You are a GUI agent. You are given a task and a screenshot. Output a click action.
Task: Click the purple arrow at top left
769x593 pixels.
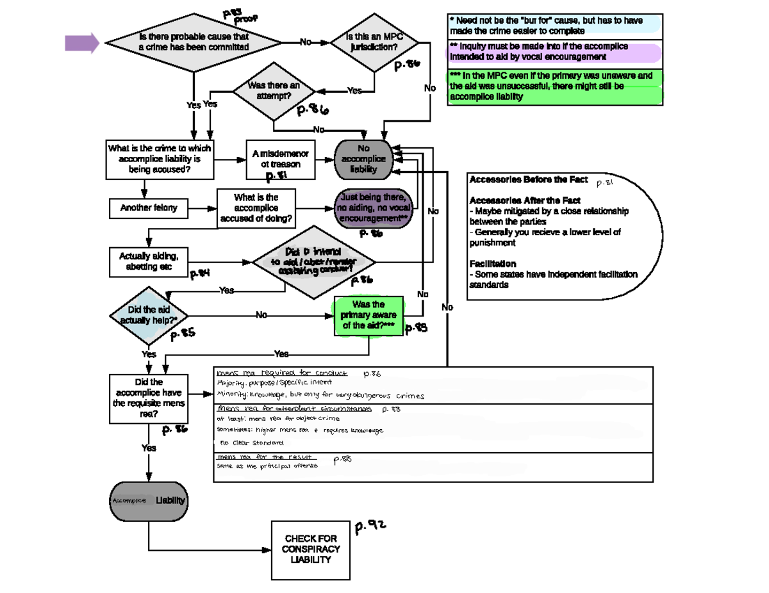click(x=82, y=43)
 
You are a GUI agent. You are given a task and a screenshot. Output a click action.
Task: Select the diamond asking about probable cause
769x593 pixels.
click(x=193, y=43)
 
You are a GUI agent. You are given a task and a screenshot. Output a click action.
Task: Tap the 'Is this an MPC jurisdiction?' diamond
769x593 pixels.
click(x=374, y=43)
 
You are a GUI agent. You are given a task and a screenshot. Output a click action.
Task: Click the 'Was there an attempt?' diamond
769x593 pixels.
click(x=274, y=91)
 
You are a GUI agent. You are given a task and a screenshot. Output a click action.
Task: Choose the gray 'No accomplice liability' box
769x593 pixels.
click(x=363, y=159)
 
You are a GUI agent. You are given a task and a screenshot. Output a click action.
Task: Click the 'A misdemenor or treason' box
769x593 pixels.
click(x=280, y=159)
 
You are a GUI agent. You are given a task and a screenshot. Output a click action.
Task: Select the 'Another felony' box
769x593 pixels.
click(x=149, y=208)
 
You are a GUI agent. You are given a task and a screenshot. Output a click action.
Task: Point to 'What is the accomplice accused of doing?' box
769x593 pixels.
click(x=256, y=208)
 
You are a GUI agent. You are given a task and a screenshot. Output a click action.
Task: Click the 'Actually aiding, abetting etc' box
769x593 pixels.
click(x=149, y=261)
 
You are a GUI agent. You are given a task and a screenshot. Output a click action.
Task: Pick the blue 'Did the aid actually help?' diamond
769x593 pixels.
click(x=149, y=315)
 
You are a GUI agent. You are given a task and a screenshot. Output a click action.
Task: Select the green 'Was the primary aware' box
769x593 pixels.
click(x=368, y=315)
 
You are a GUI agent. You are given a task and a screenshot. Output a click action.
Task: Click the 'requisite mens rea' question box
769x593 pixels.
click(x=149, y=398)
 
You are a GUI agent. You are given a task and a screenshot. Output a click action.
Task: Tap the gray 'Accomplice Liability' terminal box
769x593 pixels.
click(x=149, y=500)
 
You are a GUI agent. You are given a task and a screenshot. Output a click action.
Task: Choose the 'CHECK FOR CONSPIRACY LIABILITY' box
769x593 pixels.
click(x=311, y=549)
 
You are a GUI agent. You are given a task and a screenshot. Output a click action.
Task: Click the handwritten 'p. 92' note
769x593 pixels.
click(x=372, y=526)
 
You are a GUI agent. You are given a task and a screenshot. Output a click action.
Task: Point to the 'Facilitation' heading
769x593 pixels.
click(x=493, y=264)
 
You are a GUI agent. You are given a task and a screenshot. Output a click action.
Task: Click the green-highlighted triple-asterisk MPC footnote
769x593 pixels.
click(x=555, y=86)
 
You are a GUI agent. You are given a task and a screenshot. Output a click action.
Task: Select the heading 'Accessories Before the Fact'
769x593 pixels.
click(x=528, y=179)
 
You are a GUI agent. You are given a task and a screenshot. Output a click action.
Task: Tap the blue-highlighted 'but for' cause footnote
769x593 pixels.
click(x=555, y=26)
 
